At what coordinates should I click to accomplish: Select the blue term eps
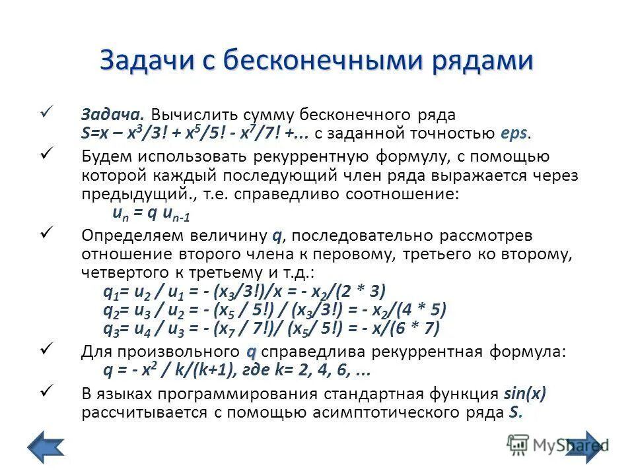pos(515,133)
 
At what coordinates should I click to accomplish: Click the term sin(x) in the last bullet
pos(525,395)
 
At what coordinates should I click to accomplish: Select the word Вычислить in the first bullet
pos(184,114)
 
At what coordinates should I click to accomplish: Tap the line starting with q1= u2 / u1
pos(244,292)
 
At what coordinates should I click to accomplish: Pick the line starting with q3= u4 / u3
pos(271,328)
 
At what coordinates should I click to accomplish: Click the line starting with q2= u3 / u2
pos(275,310)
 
